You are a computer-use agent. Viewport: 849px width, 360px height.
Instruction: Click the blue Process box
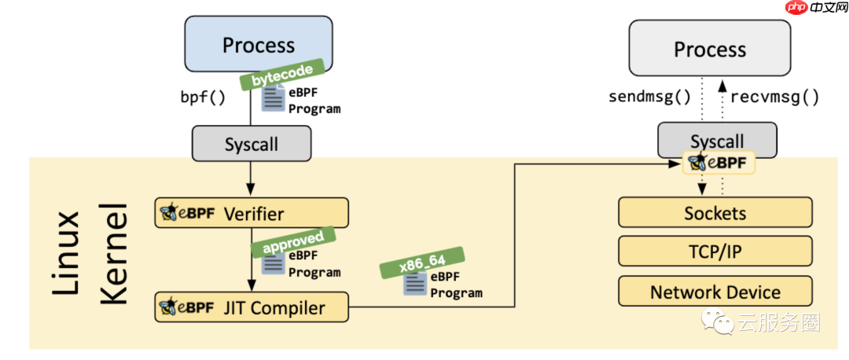tap(252, 45)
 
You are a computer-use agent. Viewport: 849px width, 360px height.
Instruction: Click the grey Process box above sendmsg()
tap(709, 49)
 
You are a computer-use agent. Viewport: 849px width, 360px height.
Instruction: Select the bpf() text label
tap(203, 98)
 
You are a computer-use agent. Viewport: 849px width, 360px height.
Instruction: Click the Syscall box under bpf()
tap(251, 145)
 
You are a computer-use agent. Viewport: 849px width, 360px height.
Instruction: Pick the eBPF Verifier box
tap(252, 213)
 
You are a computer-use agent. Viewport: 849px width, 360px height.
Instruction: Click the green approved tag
tap(292, 242)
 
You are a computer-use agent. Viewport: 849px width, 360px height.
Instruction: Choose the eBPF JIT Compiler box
tap(252, 307)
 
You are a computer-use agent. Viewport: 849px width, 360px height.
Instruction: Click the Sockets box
tap(715, 213)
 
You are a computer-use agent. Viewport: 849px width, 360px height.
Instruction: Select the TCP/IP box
tap(715, 251)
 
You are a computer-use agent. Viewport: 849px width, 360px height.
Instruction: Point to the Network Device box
tap(715, 292)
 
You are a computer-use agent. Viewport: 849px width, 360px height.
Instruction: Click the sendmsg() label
tap(650, 97)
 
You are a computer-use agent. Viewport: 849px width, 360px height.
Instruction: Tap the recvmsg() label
tap(774, 97)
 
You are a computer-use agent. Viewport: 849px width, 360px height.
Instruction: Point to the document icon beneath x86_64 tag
tap(415, 285)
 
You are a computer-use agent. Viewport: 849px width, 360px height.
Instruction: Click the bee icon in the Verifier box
tap(167, 213)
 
